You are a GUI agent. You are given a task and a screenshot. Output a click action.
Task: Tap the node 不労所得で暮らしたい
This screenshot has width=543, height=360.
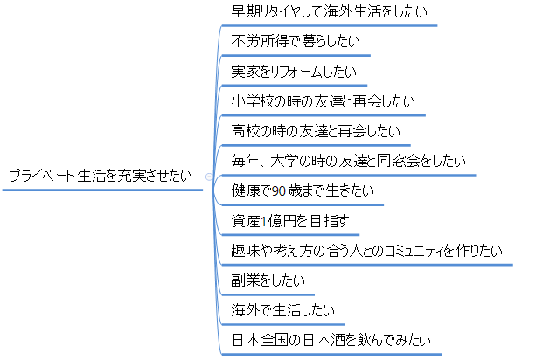(x=295, y=41)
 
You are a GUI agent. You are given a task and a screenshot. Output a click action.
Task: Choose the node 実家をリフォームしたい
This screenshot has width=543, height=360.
(x=293, y=72)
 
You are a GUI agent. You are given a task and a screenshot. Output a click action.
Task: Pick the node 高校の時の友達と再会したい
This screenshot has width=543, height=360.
(x=316, y=131)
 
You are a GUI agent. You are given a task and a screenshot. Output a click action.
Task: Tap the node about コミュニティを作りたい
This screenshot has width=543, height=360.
(x=367, y=251)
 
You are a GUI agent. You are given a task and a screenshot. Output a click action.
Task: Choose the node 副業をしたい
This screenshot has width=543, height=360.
(x=268, y=280)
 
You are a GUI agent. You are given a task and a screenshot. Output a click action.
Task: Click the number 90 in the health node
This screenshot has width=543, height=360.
(x=279, y=190)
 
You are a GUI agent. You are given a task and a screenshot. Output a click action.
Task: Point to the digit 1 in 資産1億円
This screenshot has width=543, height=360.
(x=264, y=221)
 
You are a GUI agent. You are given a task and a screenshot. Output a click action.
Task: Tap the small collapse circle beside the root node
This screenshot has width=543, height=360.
(x=207, y=176)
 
